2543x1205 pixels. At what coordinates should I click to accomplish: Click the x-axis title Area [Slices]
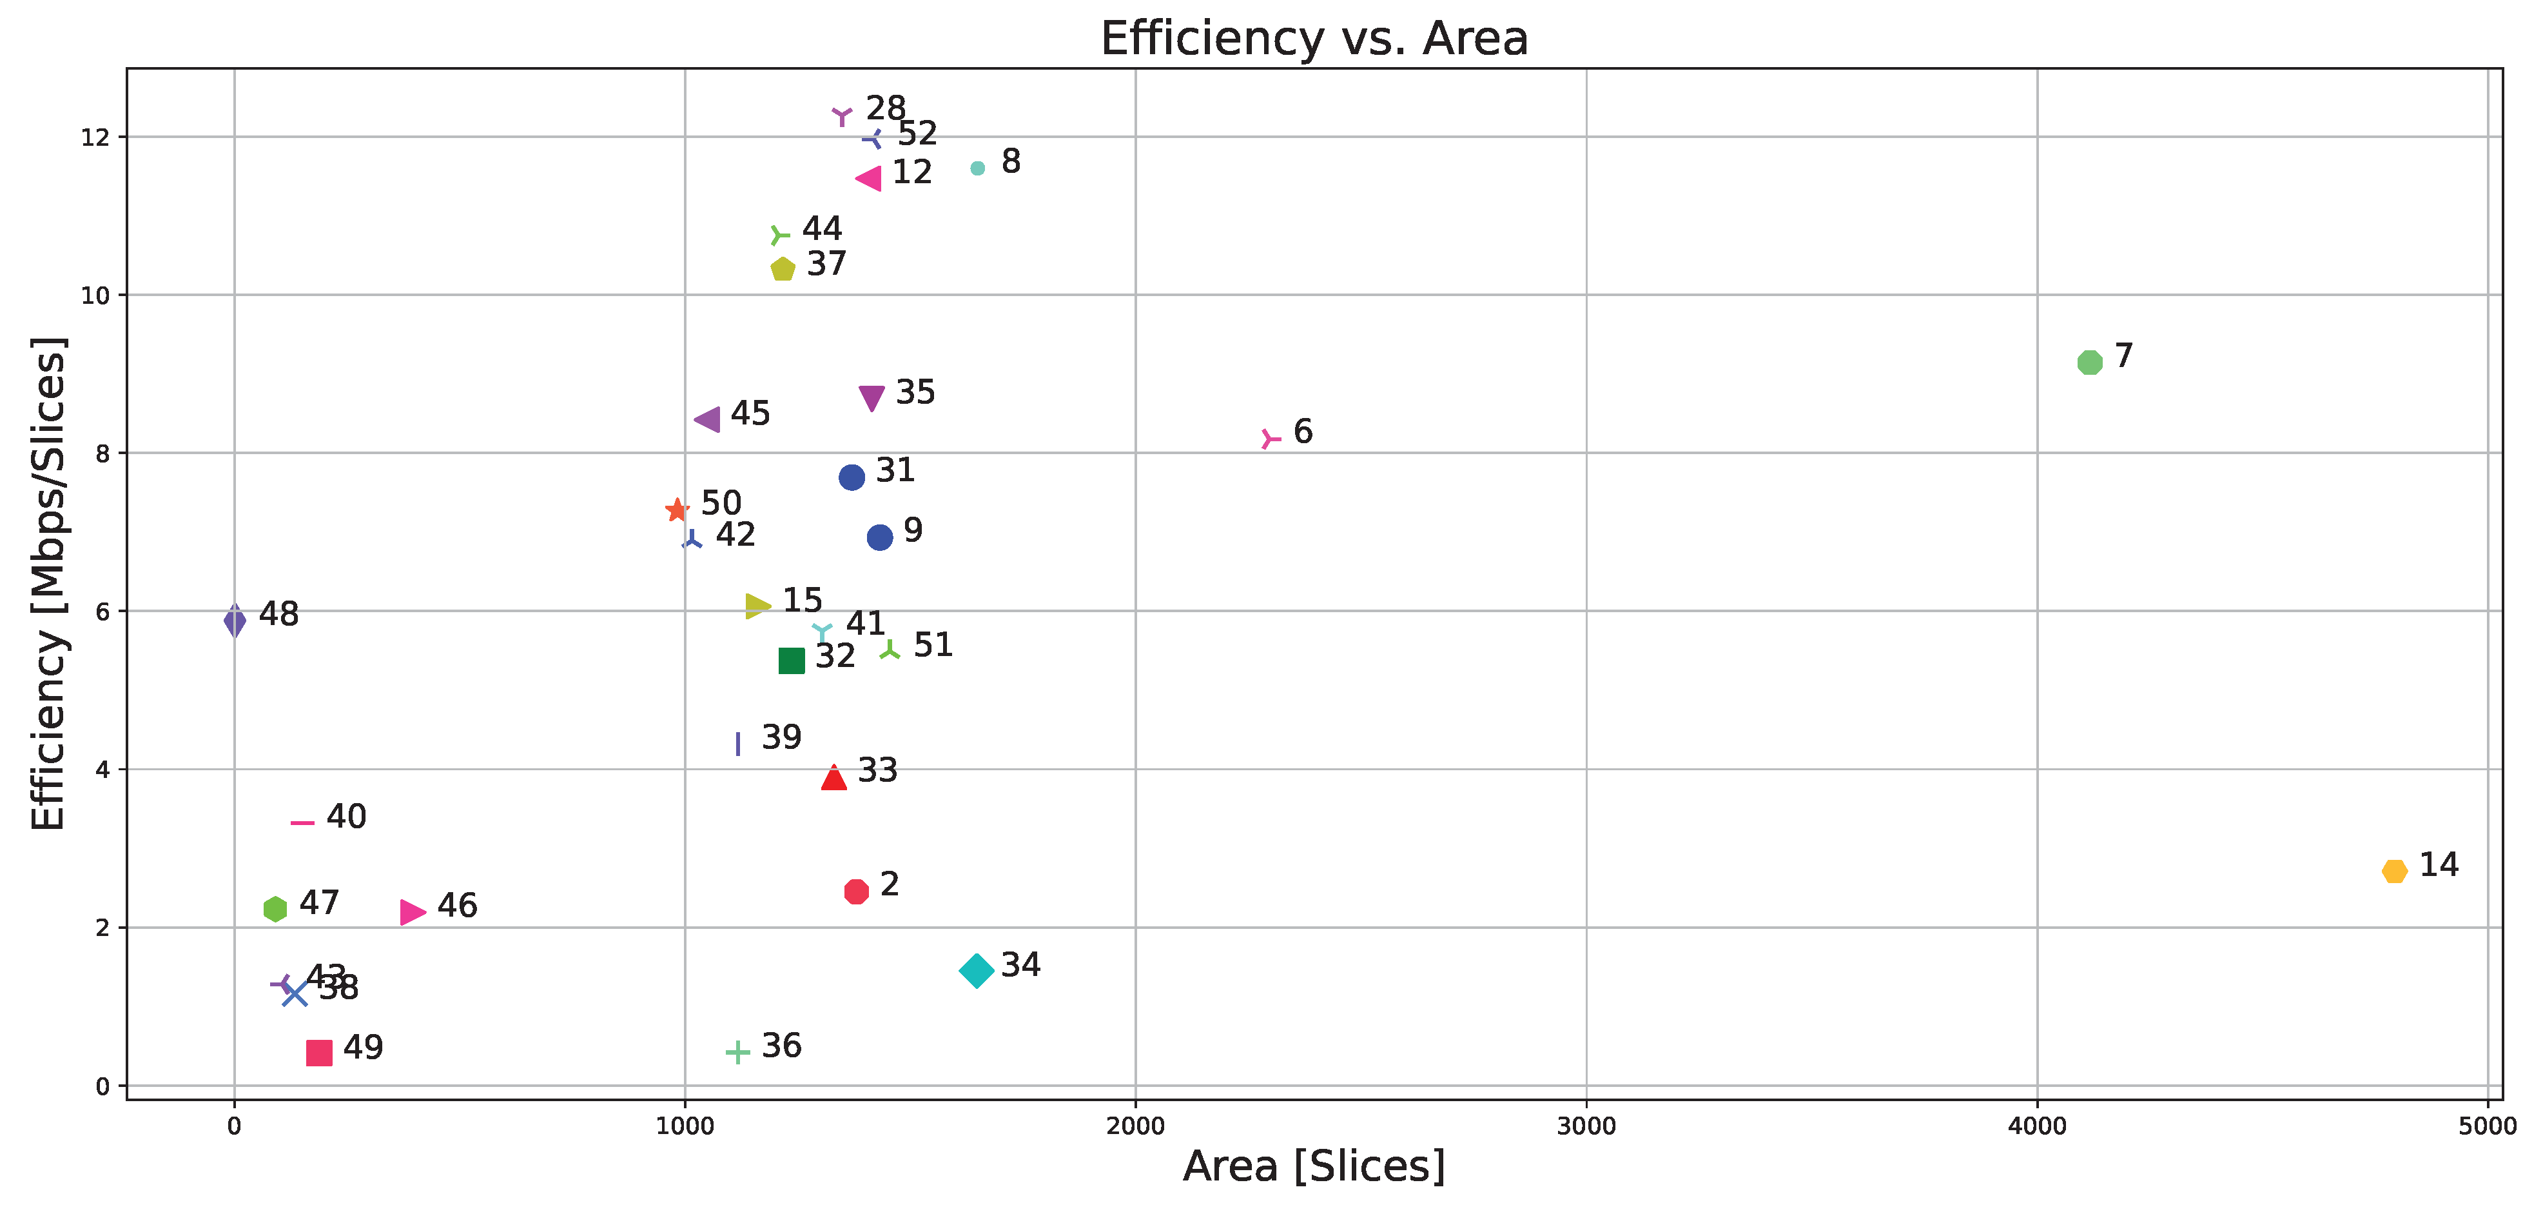point(1314,1166)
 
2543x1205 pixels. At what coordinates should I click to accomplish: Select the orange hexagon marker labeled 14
point(2394,871)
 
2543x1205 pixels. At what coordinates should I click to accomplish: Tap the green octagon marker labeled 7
point(2089,363)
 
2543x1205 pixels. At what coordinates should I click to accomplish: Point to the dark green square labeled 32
point(792,661)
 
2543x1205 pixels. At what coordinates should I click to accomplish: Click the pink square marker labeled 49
point(319,1053)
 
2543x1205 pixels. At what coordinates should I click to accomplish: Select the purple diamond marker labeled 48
point(235,621)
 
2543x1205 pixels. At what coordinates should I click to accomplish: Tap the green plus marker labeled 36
point(737,1052)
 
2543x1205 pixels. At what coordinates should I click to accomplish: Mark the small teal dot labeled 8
point(977,168)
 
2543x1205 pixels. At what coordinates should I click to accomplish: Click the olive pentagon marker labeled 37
point(783,268)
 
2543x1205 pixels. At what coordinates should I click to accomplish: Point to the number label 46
point(457,906)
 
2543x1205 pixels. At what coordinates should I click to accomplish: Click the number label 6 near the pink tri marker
point(1303,432)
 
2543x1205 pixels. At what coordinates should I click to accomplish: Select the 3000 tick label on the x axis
point(1586,1127)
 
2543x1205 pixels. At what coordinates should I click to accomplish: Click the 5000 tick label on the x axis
point(2488,1127)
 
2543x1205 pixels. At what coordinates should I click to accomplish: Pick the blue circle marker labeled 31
point(852,477)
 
